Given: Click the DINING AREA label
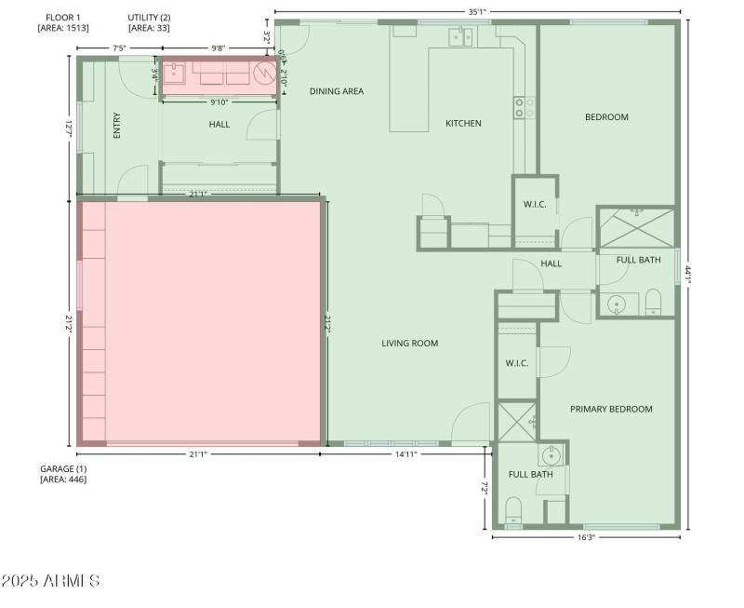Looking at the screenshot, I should coord(336,91).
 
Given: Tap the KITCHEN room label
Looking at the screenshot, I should coord(463,123).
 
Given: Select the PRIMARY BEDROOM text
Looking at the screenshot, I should coord(610,409).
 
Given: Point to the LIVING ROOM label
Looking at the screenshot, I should coord(409,344).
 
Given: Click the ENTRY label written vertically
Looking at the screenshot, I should coord(117,126).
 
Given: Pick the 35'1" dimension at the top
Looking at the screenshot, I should coord(476,12).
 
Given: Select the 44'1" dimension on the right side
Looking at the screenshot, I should coord(688,276).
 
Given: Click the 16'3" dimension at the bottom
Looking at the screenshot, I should coord(585,537).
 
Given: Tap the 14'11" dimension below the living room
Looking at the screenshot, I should coord(405,454).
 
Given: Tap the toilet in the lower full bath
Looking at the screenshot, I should coord(512,509).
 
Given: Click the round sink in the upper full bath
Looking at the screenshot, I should coord(617,303).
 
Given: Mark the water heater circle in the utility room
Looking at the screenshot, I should coord(264,73).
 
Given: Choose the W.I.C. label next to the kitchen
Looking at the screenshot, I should coord(534,205).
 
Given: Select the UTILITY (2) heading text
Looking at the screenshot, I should coord(149,18).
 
